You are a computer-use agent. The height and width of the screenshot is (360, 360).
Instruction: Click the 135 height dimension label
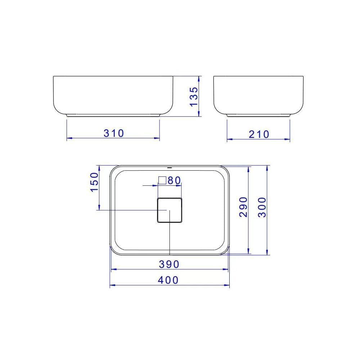click(194, 96)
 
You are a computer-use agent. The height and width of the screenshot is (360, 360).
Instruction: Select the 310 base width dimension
click(114, 134)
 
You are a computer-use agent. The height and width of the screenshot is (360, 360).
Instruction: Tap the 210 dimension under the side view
click(259, 134)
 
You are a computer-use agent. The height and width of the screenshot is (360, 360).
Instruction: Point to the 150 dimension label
click(94, 182)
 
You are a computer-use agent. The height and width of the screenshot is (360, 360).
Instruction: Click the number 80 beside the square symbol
click(174, 180)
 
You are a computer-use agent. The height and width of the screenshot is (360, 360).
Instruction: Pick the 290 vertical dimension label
click(243, 207)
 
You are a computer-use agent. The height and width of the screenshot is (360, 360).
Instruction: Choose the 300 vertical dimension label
click(262, 207)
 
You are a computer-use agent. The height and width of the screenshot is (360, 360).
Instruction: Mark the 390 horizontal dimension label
click(169, 264)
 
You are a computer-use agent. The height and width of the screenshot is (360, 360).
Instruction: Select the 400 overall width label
click(168, 280)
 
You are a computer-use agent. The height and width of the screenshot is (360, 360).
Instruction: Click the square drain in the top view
click(170, 210)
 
